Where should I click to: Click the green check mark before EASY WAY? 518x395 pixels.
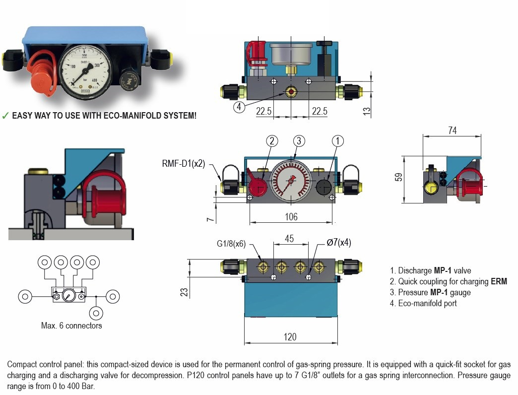pos(5,116)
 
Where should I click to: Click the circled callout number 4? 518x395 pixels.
pos(239,107)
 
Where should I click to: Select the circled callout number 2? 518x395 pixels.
pos(271,141)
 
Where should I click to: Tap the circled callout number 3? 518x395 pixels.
pos(298,141)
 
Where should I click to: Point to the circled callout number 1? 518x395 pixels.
pos(337,141)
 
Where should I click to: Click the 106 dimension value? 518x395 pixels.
pos(291,217)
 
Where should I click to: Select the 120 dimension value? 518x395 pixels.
pos(290,337)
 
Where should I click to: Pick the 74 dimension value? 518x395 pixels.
pos(452,131)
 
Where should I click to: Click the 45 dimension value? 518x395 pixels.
pos(290,239)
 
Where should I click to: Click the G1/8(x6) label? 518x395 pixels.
pos(231,244)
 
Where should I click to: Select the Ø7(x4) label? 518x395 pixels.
pos(339,243)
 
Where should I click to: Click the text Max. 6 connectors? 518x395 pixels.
pos(71,326)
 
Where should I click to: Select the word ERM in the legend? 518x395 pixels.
pos(499,282)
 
